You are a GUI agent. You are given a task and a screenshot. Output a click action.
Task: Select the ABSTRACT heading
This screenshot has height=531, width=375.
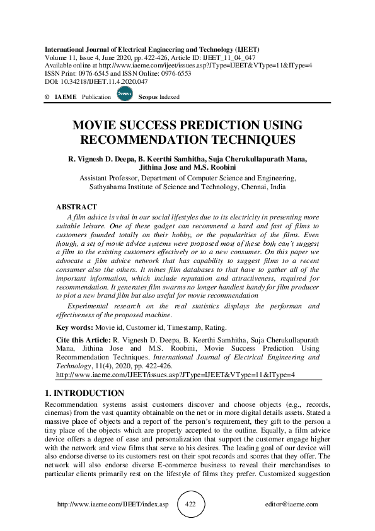click(76, 207)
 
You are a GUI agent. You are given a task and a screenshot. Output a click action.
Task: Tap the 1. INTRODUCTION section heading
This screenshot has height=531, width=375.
click(84, 393)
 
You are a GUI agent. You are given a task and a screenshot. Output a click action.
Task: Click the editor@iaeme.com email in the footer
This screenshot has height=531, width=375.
click(292, 505)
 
